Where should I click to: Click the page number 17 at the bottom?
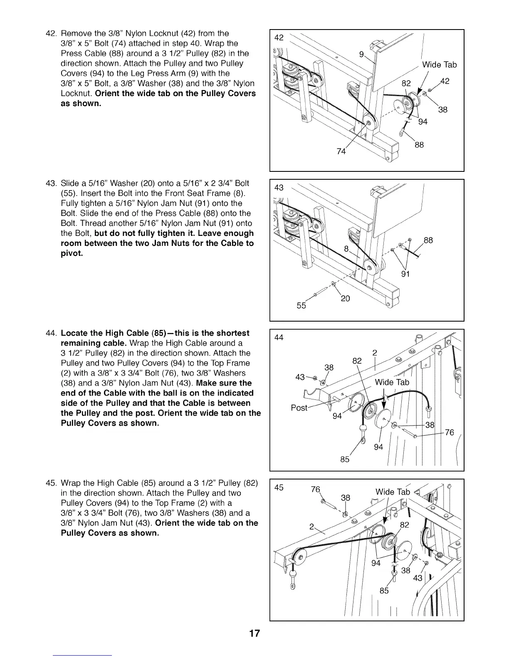(254, 634)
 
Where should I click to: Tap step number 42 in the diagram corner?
(279, 37)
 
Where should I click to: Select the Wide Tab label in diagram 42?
(439, 65)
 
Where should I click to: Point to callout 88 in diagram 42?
(419, 145)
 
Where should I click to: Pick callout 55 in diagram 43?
(301, 306)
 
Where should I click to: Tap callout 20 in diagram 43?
(345, 298)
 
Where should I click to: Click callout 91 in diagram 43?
(406, 274)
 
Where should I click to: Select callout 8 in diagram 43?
(346, 249)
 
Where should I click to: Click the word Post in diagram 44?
(299, 408)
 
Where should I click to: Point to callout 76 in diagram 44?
(450, 432)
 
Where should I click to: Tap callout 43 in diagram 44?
(300, 377)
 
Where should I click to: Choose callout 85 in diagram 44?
(345, 460)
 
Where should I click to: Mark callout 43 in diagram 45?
(418, 578)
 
